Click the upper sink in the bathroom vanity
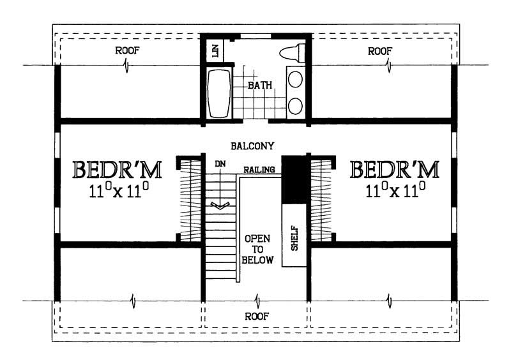click(x=295, y=79)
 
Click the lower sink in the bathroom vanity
click(x=295, y=105)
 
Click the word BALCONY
click(x=254, y=146)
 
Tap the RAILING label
click(x=259, y=170)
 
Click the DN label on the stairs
click(x=220, y=163)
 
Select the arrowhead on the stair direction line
click(x=220, y=206)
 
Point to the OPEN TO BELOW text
click(x=257, y=249)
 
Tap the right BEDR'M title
click(x=395, y=170)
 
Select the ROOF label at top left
click(x=127, y=50)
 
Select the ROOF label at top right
click(x=380, y=50)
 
